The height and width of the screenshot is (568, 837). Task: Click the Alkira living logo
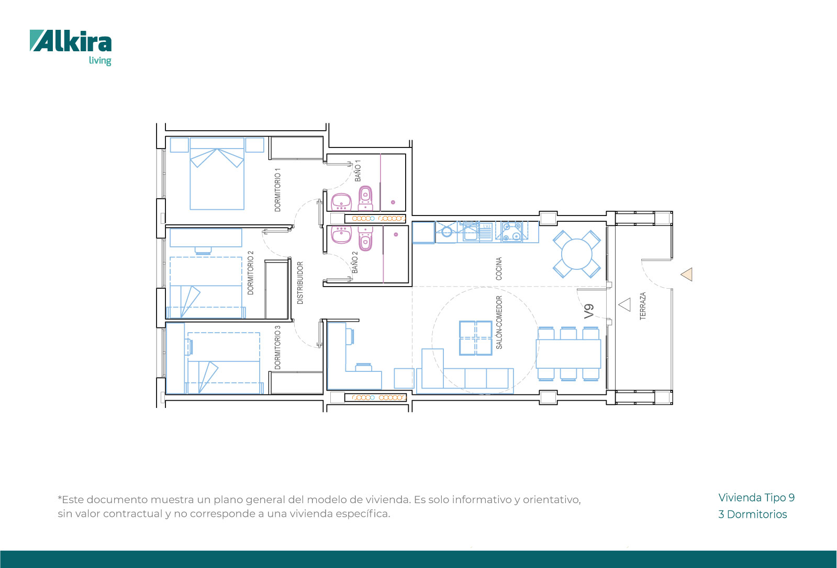71,48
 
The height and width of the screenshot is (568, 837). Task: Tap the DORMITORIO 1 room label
277,190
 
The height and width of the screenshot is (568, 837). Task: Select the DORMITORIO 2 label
250,272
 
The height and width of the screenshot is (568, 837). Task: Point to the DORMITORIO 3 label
277,347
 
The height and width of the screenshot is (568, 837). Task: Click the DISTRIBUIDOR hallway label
300,283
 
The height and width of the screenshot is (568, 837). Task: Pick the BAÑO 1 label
358,171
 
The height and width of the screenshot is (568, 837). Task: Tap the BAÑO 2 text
355,262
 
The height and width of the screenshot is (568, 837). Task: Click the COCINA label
499,268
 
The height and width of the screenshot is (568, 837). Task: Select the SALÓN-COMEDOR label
499,322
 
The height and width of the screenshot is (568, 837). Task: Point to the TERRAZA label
643,306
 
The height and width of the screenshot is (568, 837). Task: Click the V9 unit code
589,311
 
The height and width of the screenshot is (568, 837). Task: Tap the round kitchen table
576,254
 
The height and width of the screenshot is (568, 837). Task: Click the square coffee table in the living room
475,338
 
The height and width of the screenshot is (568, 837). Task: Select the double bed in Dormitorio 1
217,174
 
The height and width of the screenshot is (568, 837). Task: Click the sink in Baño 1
341,202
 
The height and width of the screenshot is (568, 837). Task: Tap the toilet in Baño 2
365,237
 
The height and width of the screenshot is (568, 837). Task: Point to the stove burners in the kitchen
512,231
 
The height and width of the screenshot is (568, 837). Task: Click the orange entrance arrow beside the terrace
687,275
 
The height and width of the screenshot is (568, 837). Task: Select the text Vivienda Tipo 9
756,498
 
